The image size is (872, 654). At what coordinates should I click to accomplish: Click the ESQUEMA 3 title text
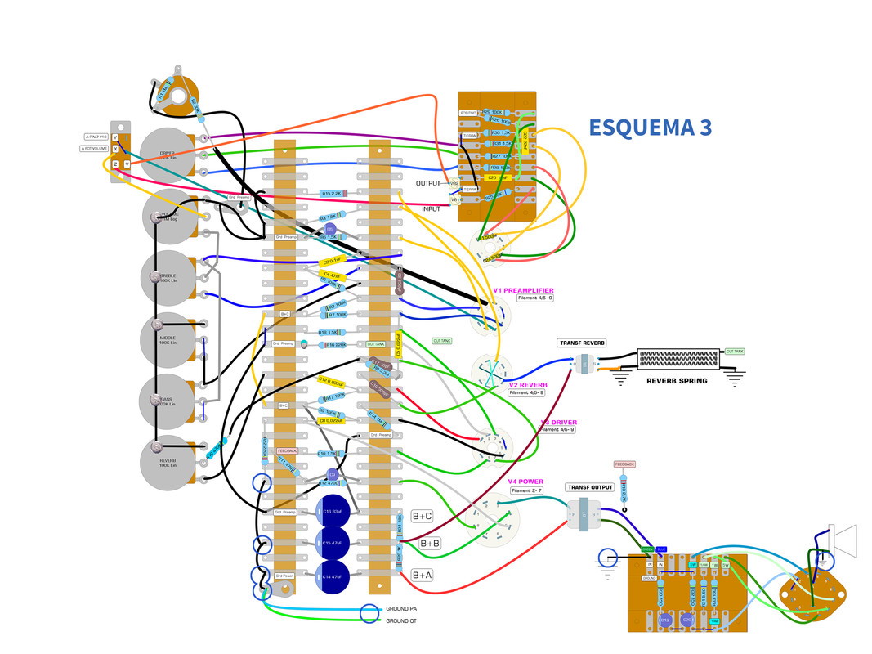650,128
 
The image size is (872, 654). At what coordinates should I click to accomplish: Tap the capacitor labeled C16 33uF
333,512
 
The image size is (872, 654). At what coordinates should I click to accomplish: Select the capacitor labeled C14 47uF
333,576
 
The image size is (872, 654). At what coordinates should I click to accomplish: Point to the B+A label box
422,576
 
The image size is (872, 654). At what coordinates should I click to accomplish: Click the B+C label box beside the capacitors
422,516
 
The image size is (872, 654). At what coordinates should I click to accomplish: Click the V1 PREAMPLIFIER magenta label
523,290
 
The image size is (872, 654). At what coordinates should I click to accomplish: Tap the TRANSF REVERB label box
582,343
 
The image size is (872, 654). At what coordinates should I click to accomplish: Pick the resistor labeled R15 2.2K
333,194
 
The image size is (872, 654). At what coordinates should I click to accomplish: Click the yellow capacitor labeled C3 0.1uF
330,262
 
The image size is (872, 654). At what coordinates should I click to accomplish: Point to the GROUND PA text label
403,609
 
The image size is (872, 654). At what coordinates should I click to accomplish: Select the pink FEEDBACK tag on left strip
287,450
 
